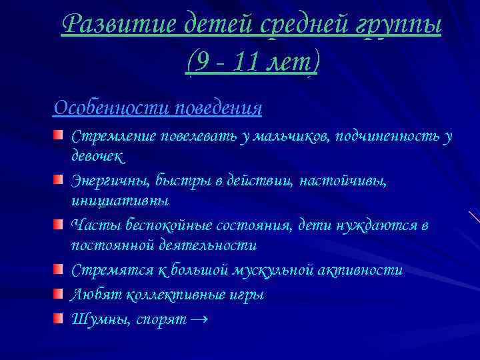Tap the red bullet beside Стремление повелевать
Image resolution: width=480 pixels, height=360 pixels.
coord(59,136)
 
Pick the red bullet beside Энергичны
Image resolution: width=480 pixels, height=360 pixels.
coord(59,181)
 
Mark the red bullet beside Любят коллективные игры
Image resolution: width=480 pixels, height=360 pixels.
coord(59,294)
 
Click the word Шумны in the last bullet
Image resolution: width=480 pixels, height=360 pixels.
coord(100,319)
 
